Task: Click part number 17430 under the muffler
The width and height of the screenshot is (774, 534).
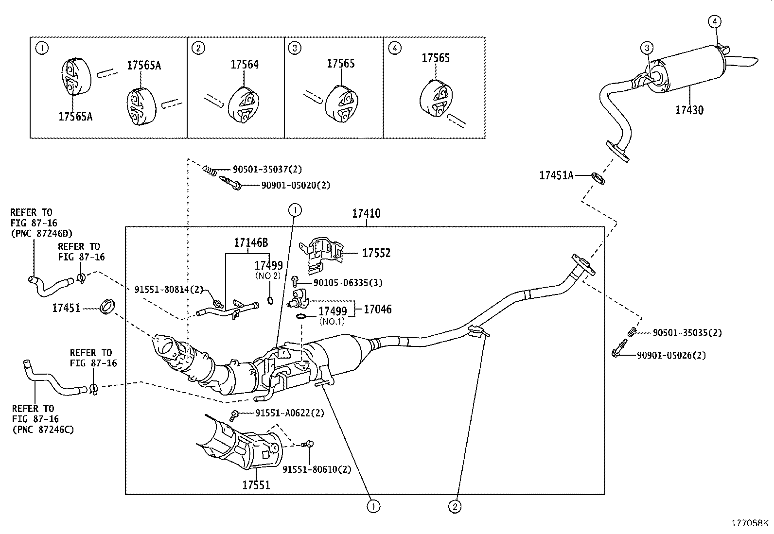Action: (x=688, y=110)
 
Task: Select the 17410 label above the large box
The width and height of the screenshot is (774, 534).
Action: (x=366, y=213)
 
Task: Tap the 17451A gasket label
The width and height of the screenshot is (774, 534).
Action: (x=556, y=175)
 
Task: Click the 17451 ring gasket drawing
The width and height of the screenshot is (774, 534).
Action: (x=107, y=307)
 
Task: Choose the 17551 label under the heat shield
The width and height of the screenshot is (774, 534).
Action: (x=256, y=484)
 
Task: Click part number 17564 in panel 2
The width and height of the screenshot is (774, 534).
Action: (x=245, y=64)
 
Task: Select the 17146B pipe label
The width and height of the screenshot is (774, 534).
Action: (x=251, y=242)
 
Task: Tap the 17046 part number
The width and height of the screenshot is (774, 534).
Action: (x=377, y=309)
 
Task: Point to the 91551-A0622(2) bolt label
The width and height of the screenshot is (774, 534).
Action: (x=289, y=413)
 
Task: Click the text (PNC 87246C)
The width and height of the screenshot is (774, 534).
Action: (x=43, y=429)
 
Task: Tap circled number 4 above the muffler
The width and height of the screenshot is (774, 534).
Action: (x=714, y=21)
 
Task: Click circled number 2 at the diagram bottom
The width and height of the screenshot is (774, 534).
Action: (x=454, y=507)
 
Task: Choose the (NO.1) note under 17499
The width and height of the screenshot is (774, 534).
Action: (x=332, y=321)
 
